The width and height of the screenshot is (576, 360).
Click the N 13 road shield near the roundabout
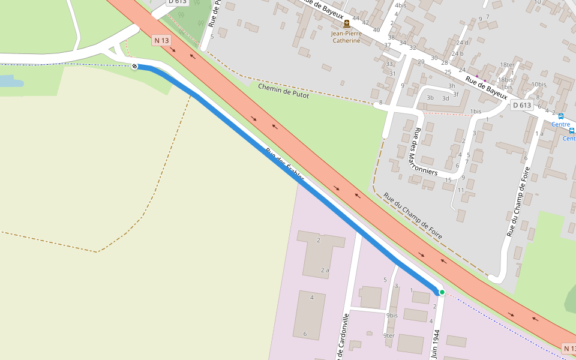pos(161,40)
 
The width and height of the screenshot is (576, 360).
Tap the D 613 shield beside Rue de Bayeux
pos(522,105)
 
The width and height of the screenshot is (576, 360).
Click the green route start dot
pos(442,292)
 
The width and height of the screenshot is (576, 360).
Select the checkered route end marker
pos(135,66)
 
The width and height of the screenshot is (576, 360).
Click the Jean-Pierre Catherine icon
pos(346,24)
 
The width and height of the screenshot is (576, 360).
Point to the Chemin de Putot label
pos(283,91)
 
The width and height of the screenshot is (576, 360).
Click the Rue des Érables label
pos(285,166)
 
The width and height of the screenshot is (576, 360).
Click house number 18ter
pos(507,65)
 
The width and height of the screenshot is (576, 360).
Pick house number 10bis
pos(538,85)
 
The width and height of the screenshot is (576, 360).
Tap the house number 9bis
pos(392,316)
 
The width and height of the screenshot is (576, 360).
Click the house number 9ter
pos(389,335)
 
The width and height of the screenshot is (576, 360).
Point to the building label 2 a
pos(325,270)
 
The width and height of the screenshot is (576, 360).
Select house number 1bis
pos(476,112)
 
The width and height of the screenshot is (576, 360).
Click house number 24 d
pos(461,43)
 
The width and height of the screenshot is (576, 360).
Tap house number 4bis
pos(400,5)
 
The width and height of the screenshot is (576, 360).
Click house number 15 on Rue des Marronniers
pos(448,180)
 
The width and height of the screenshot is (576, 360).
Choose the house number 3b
pos(430,97)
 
